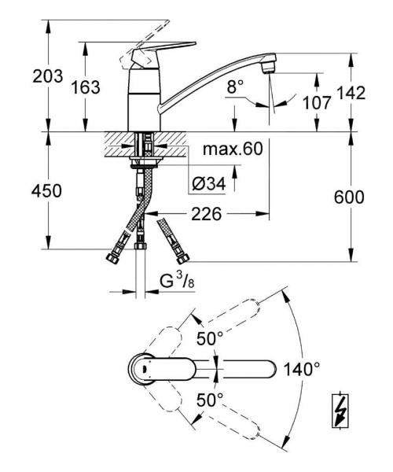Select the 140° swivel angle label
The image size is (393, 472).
pyautogui.click(x=302, y=367)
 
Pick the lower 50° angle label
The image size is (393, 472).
pyautogui.click(x=210, y=399)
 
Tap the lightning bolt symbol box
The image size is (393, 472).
pyautogui.click(x=341, y=410)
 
